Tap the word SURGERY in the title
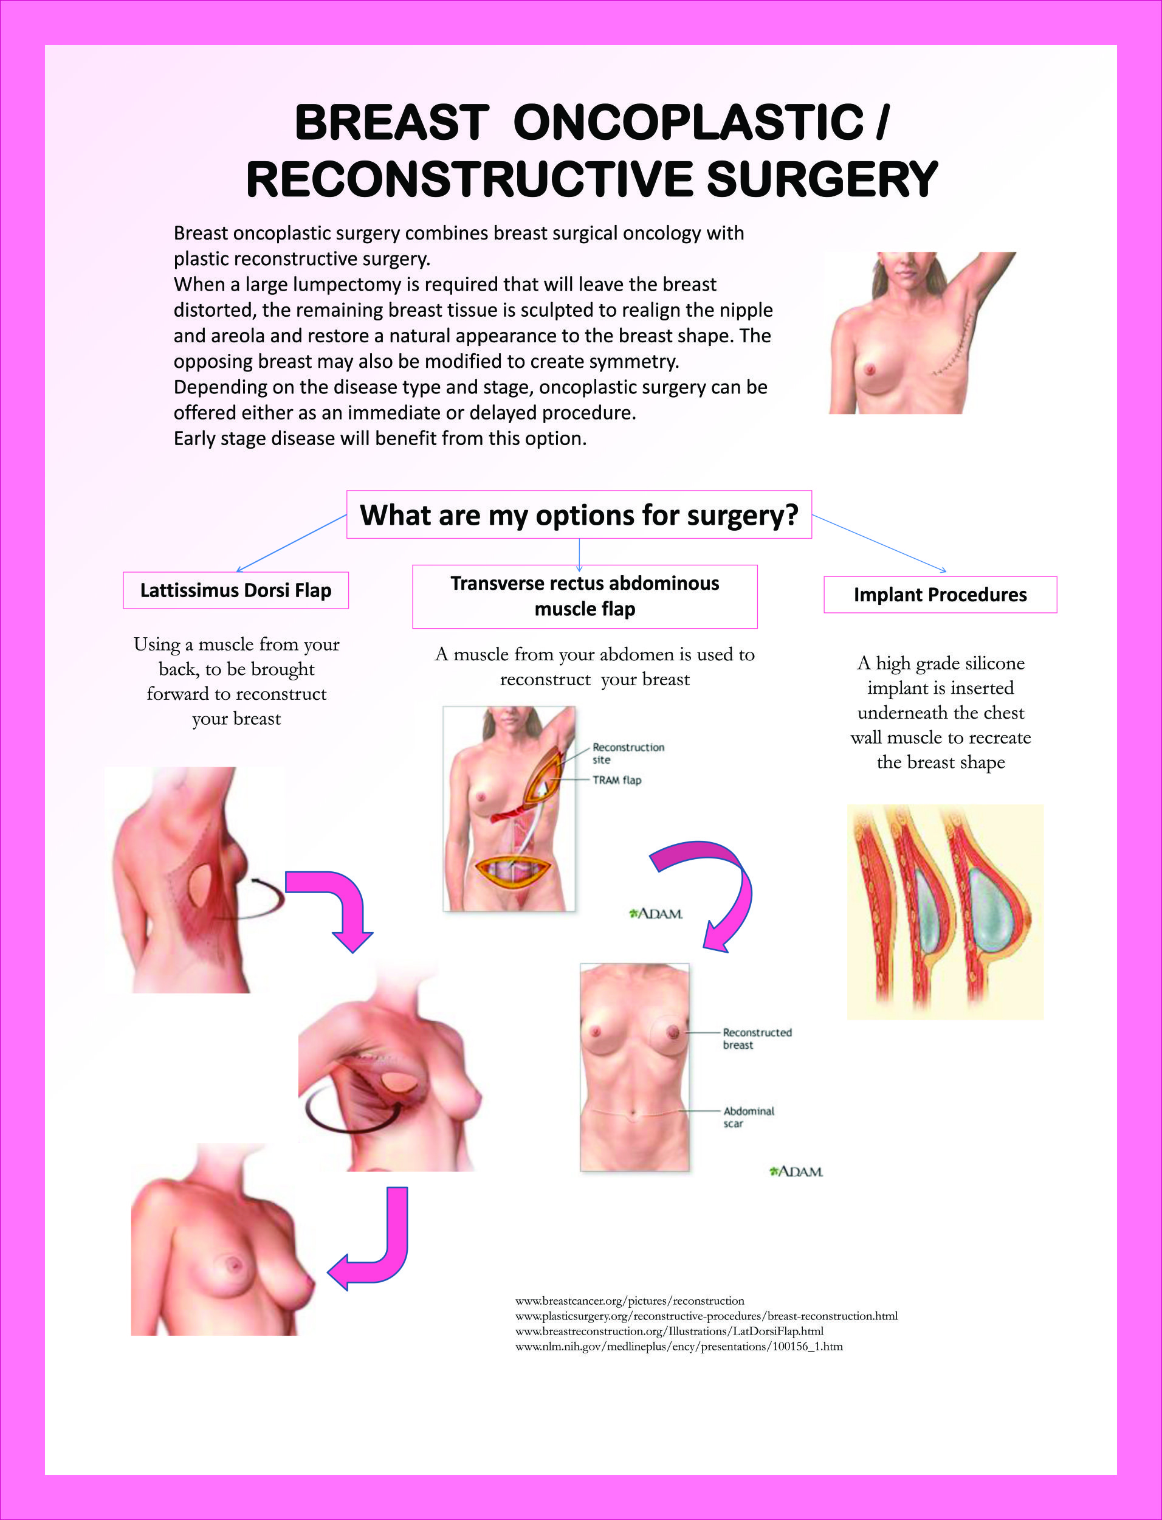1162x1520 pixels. point(822,179)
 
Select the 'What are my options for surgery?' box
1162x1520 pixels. point(579,515)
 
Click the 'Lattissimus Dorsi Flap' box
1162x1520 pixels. point(235,590)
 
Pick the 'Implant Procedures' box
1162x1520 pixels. point(940,594)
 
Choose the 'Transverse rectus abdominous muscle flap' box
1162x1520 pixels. point(585,596)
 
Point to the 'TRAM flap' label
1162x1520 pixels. point(616,779)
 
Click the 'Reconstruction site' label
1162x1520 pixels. point(627,753)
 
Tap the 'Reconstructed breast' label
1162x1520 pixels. point(757,1038)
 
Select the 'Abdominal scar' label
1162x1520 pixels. point(748,1117)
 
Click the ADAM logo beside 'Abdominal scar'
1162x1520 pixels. point(796,1171)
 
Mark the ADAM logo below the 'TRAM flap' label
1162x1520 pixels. point(656,914)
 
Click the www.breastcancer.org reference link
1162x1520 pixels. point(630,1301)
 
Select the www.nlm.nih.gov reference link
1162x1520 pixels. point(678,1346)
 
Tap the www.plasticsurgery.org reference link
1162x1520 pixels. point(706,1316)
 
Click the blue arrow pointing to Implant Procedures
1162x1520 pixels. point(878,543)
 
